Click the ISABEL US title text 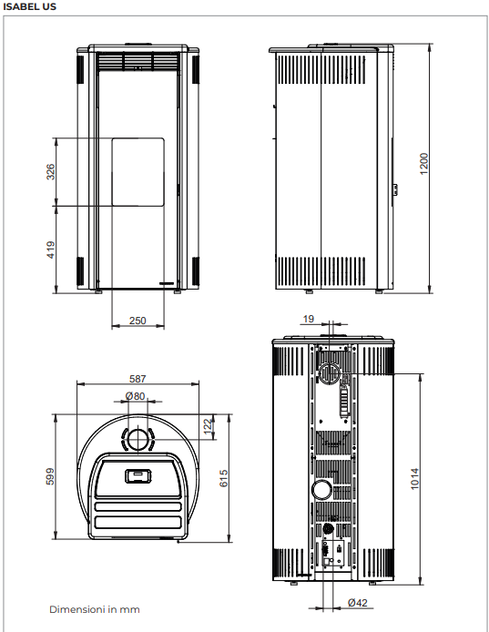[x=29, y=6]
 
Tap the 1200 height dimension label [x=423, y=164]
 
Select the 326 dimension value [x=50, y=172]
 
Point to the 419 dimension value [x=50, y=250]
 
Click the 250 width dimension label [x=138, y=321]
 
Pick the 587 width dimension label [x=138, y=379]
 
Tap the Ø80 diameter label [x=135, y=396]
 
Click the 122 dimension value [x=208, y=427]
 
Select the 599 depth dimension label [x=50, y=476]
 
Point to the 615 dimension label [x=224, y=478]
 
